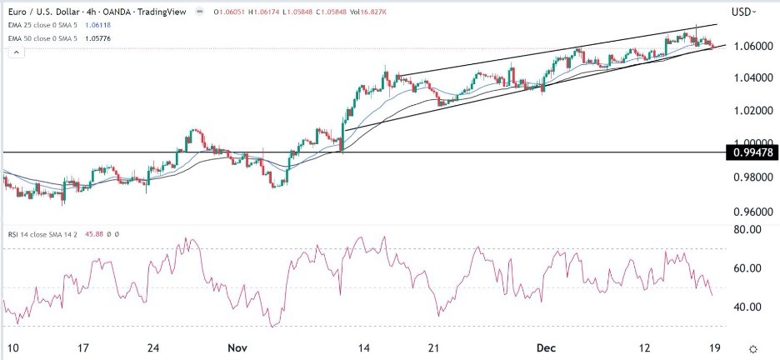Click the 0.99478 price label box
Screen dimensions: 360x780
point(751,152)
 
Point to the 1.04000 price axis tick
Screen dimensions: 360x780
point(748,77)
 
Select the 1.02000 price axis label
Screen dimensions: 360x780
point(748,111)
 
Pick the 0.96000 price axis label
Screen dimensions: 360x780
point(748,210)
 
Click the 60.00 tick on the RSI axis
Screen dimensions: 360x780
point(744,268)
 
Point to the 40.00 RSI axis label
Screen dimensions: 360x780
point(744,307)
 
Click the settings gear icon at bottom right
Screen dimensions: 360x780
point(753,348)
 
